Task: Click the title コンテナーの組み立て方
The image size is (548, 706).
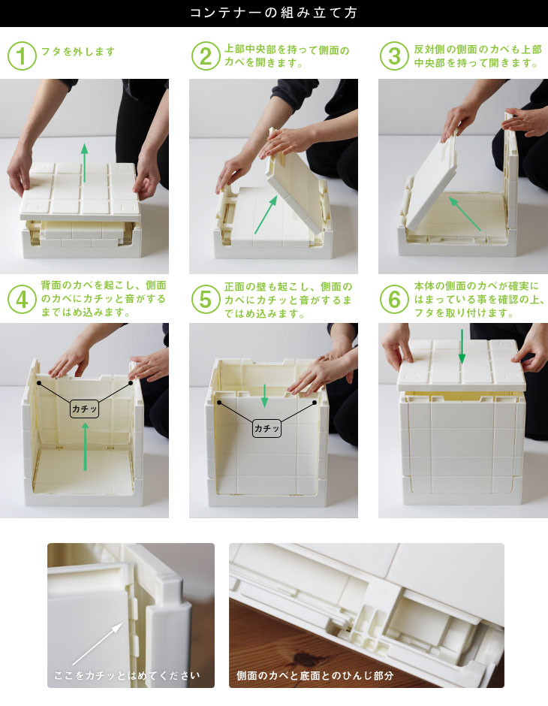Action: (x=273, y=13)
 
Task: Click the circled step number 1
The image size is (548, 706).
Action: (x=22, y=56)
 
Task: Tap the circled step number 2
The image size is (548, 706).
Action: (x=206, y=56)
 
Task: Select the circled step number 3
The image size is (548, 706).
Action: (x=394, y=56)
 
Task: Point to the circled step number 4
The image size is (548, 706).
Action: (x=22, y=300)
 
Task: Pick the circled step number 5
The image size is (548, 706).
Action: (x=206, y=300)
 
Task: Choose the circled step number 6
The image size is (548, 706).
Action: (x=394, y=300)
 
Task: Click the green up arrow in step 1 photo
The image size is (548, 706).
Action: (x=84, y=162)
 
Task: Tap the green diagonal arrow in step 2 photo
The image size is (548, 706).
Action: (x=266, y=214)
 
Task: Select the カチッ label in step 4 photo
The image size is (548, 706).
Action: (x=84, y=409)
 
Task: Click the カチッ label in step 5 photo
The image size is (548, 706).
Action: (x=266, y=428)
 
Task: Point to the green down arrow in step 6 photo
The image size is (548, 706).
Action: (x=462, y=347)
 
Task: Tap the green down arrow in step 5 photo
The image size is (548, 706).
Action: (x=264, y=396)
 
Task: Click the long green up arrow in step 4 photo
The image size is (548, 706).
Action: (x=85, y=447)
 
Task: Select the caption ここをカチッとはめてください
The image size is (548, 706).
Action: (x=127, y=675)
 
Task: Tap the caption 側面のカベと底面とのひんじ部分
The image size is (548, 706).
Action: (x=315, y=675)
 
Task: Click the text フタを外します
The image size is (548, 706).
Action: (x=78, y=52)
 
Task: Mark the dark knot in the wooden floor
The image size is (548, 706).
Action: (x=306, y=660)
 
